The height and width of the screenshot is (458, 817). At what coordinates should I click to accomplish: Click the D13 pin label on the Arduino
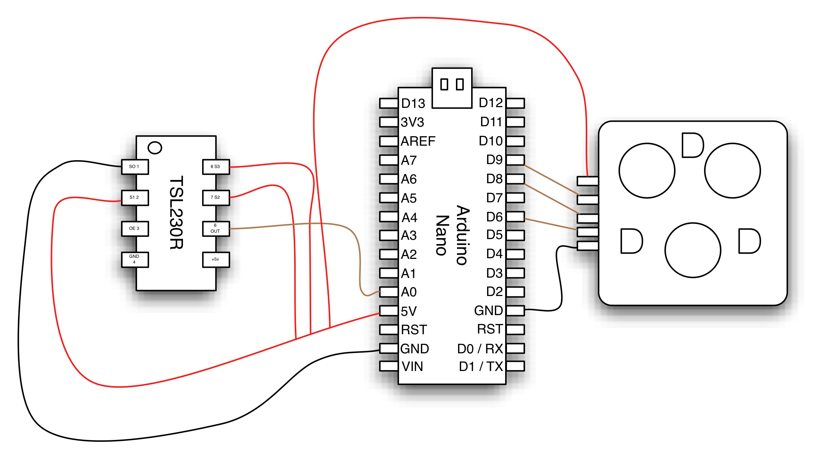[413, 104]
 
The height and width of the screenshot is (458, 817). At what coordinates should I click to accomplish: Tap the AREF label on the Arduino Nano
[418, 141]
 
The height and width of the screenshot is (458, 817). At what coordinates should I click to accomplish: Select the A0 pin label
[409, 292]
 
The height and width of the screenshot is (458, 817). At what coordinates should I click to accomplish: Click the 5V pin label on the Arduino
[409, 311]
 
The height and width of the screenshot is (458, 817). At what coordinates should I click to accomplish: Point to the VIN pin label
[412, 367]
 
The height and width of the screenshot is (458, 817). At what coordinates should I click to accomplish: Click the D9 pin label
[495, 160]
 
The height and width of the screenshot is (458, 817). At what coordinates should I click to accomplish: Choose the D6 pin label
[495, 217]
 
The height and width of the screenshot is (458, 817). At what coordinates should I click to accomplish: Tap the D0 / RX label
[480, 349]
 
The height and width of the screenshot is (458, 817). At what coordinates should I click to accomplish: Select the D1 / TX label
[481, 367]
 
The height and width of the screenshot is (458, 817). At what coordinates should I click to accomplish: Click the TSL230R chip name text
[176, 213]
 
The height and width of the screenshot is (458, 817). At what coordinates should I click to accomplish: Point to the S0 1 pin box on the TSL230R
[135, 167]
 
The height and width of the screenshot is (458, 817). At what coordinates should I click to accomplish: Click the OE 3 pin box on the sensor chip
[135, 228]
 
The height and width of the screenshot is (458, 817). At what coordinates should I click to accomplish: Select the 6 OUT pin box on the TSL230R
[216, 228]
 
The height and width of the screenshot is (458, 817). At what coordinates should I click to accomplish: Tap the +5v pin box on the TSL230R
[216, 260]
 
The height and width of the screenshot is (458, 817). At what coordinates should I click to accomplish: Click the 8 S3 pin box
[216, 167]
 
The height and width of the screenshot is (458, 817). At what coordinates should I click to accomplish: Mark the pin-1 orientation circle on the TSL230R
[155, 148]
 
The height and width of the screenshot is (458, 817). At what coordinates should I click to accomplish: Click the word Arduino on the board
[462, 235]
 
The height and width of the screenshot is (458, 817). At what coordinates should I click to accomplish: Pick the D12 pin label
[491, 103]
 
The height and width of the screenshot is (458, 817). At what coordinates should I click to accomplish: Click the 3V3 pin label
[412, 122]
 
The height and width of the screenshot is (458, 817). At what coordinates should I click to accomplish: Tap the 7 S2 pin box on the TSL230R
[216, 198]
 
